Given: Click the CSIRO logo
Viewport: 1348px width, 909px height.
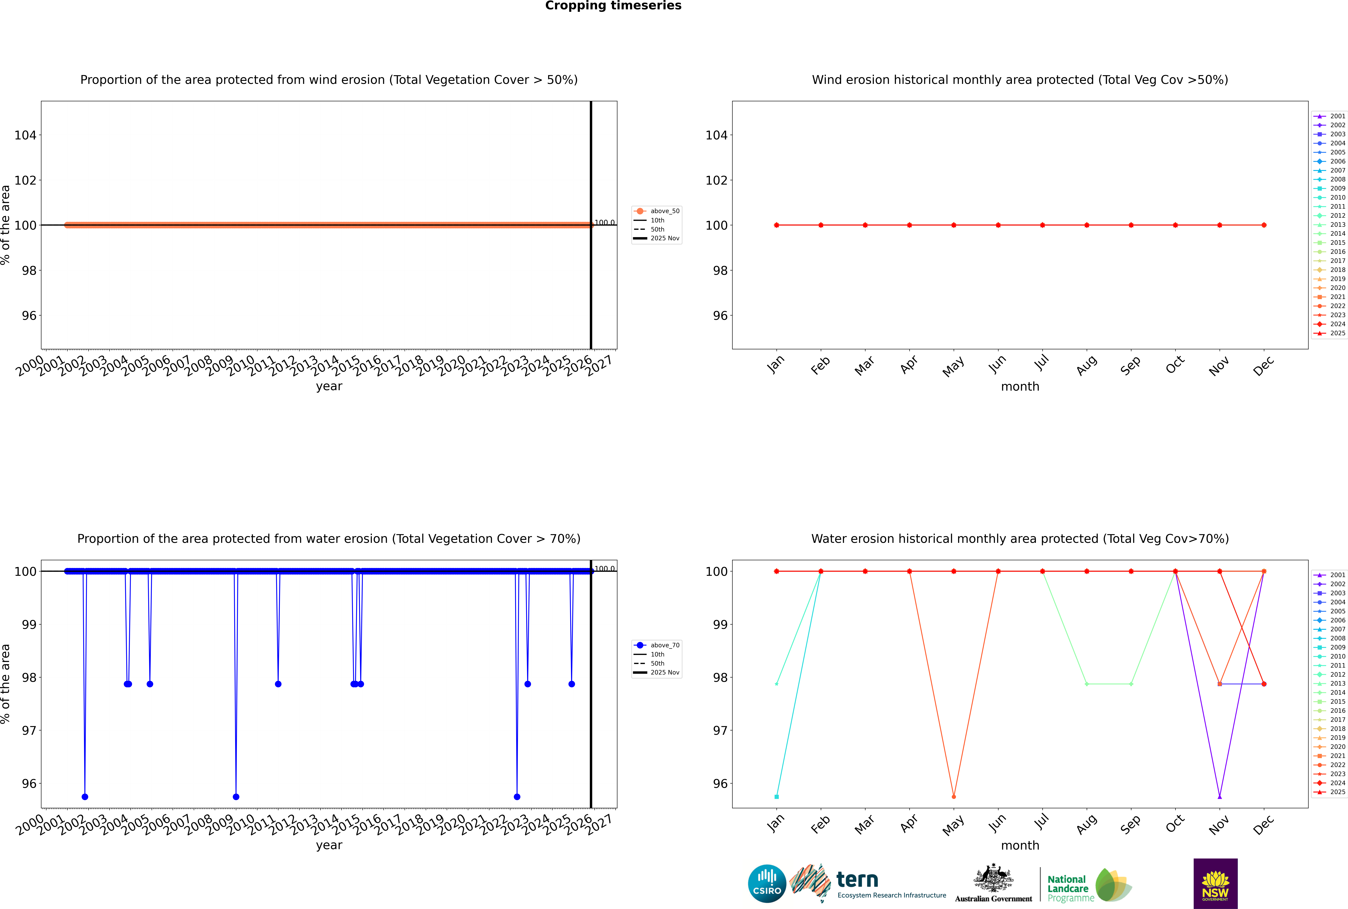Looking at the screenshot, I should pyautogui.click(x=767, y=884).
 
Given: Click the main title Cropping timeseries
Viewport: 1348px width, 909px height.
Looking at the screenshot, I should pyautogui.click(x=613, y=6).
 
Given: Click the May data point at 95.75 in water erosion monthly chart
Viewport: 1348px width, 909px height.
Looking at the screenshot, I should pyautogui.click(x=954, y=796).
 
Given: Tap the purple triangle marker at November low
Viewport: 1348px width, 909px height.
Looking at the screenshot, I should pyautogui.click(x=1220, y=796).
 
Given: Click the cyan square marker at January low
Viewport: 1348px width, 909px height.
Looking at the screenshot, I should pyautogui.click(x=777, y=796).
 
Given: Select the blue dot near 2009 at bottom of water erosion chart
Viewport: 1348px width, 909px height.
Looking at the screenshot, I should pyautogui.click(x=236, y=796).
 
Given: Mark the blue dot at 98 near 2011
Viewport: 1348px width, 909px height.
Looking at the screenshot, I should pyautogui.click(x=278, y=684).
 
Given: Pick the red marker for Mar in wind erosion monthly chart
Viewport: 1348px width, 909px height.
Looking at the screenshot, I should pyautogui.click(x=865, y=225).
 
